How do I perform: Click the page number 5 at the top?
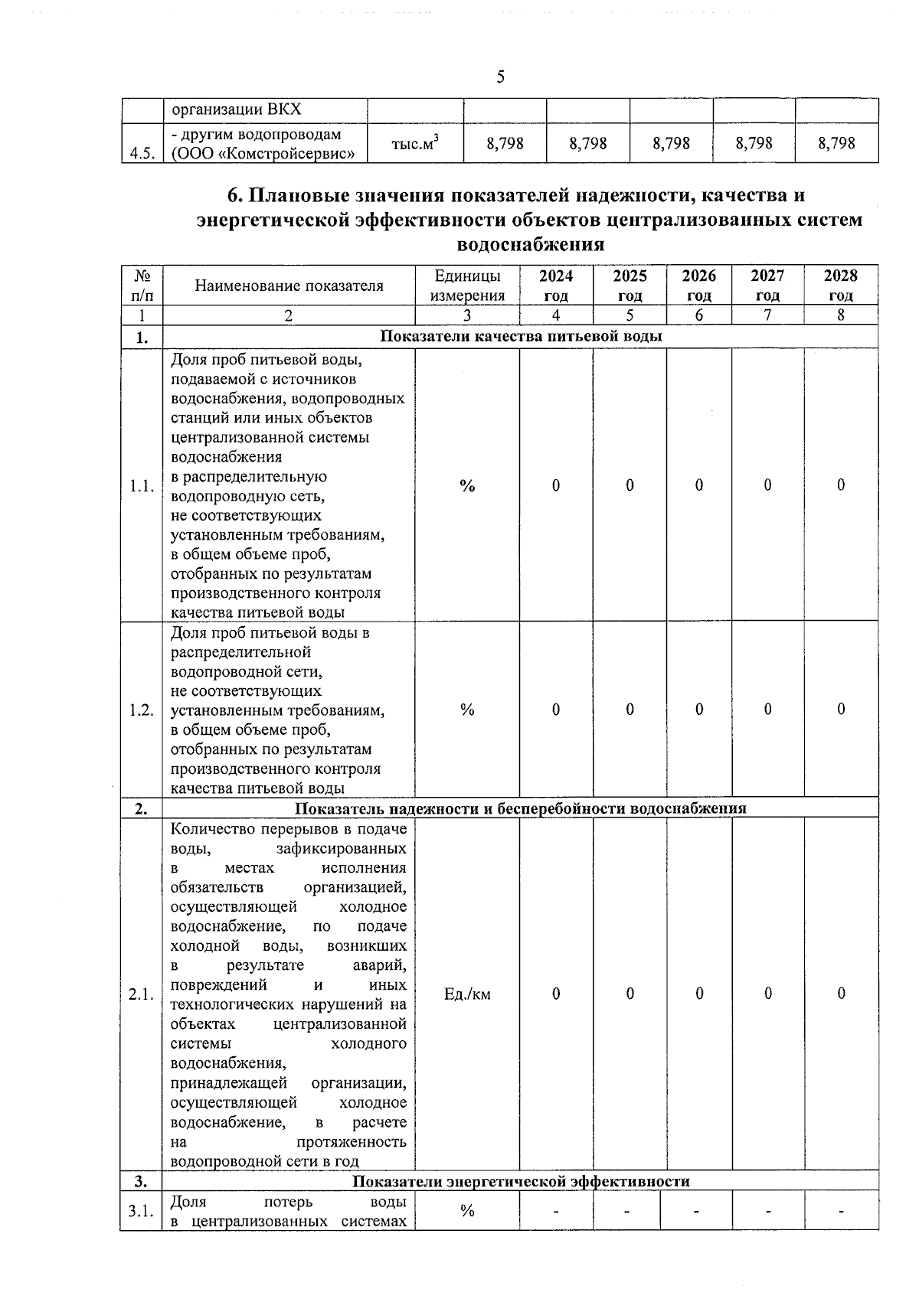[500, 77]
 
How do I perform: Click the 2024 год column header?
[555, 285]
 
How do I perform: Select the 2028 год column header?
[840, 285]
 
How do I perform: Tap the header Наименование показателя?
[289, 286]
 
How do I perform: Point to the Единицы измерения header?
[467, 285]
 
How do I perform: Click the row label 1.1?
[142, 485]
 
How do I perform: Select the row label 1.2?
[142, 710]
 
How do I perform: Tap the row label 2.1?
[142, 994]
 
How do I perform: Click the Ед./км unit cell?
[467, 994]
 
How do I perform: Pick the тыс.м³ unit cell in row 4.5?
[415, 143]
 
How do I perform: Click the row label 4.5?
[142, 153]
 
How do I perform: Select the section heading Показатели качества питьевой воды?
[521, 337]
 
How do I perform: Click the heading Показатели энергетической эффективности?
[521, 1181]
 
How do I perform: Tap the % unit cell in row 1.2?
[467, 710]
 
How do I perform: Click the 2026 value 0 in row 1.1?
[698, 485]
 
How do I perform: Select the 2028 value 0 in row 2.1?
[840, 994]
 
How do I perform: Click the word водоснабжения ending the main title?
[530, 245]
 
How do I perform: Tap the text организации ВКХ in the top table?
[236, 109]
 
